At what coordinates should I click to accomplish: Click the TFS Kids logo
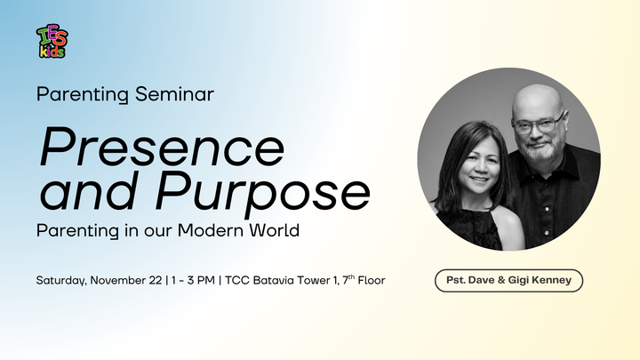51,41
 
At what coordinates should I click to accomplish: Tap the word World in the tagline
274,229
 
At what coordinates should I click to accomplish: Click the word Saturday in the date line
62,280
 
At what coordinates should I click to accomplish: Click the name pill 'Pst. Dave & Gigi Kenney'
508,281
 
